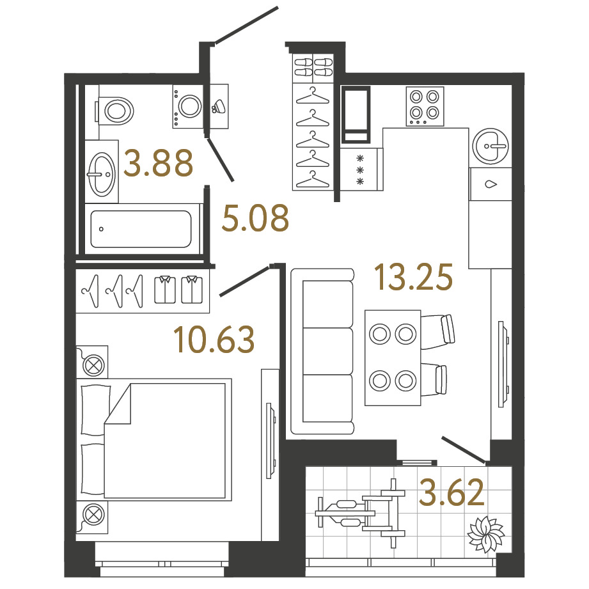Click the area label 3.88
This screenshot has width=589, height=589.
pos(158,163)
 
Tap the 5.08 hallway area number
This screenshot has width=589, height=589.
pos(255,218)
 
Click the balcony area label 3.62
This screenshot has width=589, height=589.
pos(452,492)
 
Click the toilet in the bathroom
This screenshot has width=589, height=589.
pos(115,111)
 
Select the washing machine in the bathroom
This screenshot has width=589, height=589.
pos(188,107)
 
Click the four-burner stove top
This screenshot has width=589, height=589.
pos(425,106)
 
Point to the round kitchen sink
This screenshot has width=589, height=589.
pos(491,146)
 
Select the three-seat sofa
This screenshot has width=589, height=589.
pos(322,351)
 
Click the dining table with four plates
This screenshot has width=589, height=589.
pos(393,357)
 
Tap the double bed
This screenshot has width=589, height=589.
pos(154,439)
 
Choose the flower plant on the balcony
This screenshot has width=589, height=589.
pos(485,534)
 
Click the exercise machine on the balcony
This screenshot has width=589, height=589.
pos(360,513)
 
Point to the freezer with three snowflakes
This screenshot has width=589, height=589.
pos(361,169)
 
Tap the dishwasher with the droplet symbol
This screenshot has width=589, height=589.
pos(491,184)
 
